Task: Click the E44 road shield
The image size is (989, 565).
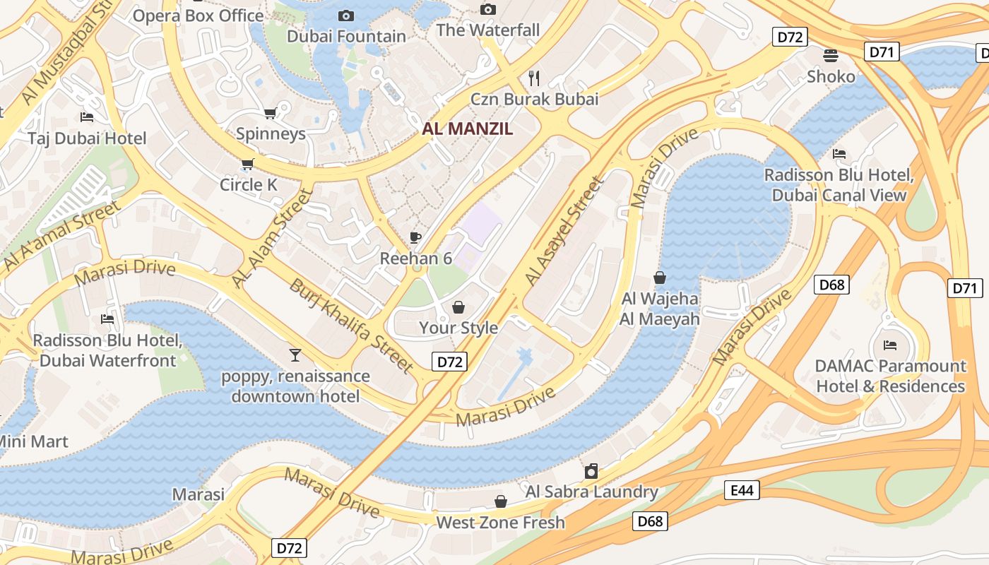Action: (x=742, y=490)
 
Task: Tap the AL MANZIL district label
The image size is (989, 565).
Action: (x=468, y=129)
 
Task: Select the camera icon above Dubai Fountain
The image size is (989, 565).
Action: (x=346, y=16)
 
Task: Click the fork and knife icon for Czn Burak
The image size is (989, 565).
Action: (x=534, y=78)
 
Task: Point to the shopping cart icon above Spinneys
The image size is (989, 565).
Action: (x=270, y=113)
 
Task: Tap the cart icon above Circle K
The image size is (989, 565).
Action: (x=247, y=165)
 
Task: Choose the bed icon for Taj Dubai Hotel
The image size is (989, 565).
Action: (x=87, y=117)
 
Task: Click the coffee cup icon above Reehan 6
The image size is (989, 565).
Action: (x=415, y=238)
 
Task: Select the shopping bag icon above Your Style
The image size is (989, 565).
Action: (x=458, y=307)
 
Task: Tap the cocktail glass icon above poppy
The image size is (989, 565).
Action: (x=295, y=355)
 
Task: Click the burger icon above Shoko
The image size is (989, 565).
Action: (x=831, y=55)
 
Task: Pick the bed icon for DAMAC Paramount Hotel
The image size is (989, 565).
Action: (x=890, y=345)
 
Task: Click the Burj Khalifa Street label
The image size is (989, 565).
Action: (x=351, y=326)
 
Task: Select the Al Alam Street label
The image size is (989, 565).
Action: (x=272, y=238)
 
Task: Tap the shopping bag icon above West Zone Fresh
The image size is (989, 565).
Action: (x=500, y=501)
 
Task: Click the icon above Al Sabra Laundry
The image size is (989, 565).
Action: (x=591, y=471)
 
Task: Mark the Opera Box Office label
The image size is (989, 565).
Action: (x=198, y=15)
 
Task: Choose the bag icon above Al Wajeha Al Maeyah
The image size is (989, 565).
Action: (x=660, y=278)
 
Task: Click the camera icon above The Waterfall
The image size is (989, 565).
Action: (x=487, y=9)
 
